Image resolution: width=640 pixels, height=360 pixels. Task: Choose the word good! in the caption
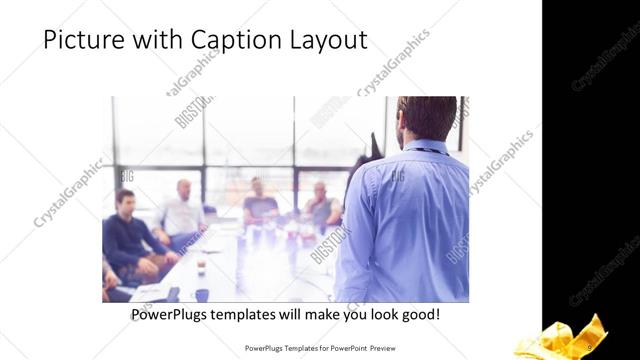click(417, 315)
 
